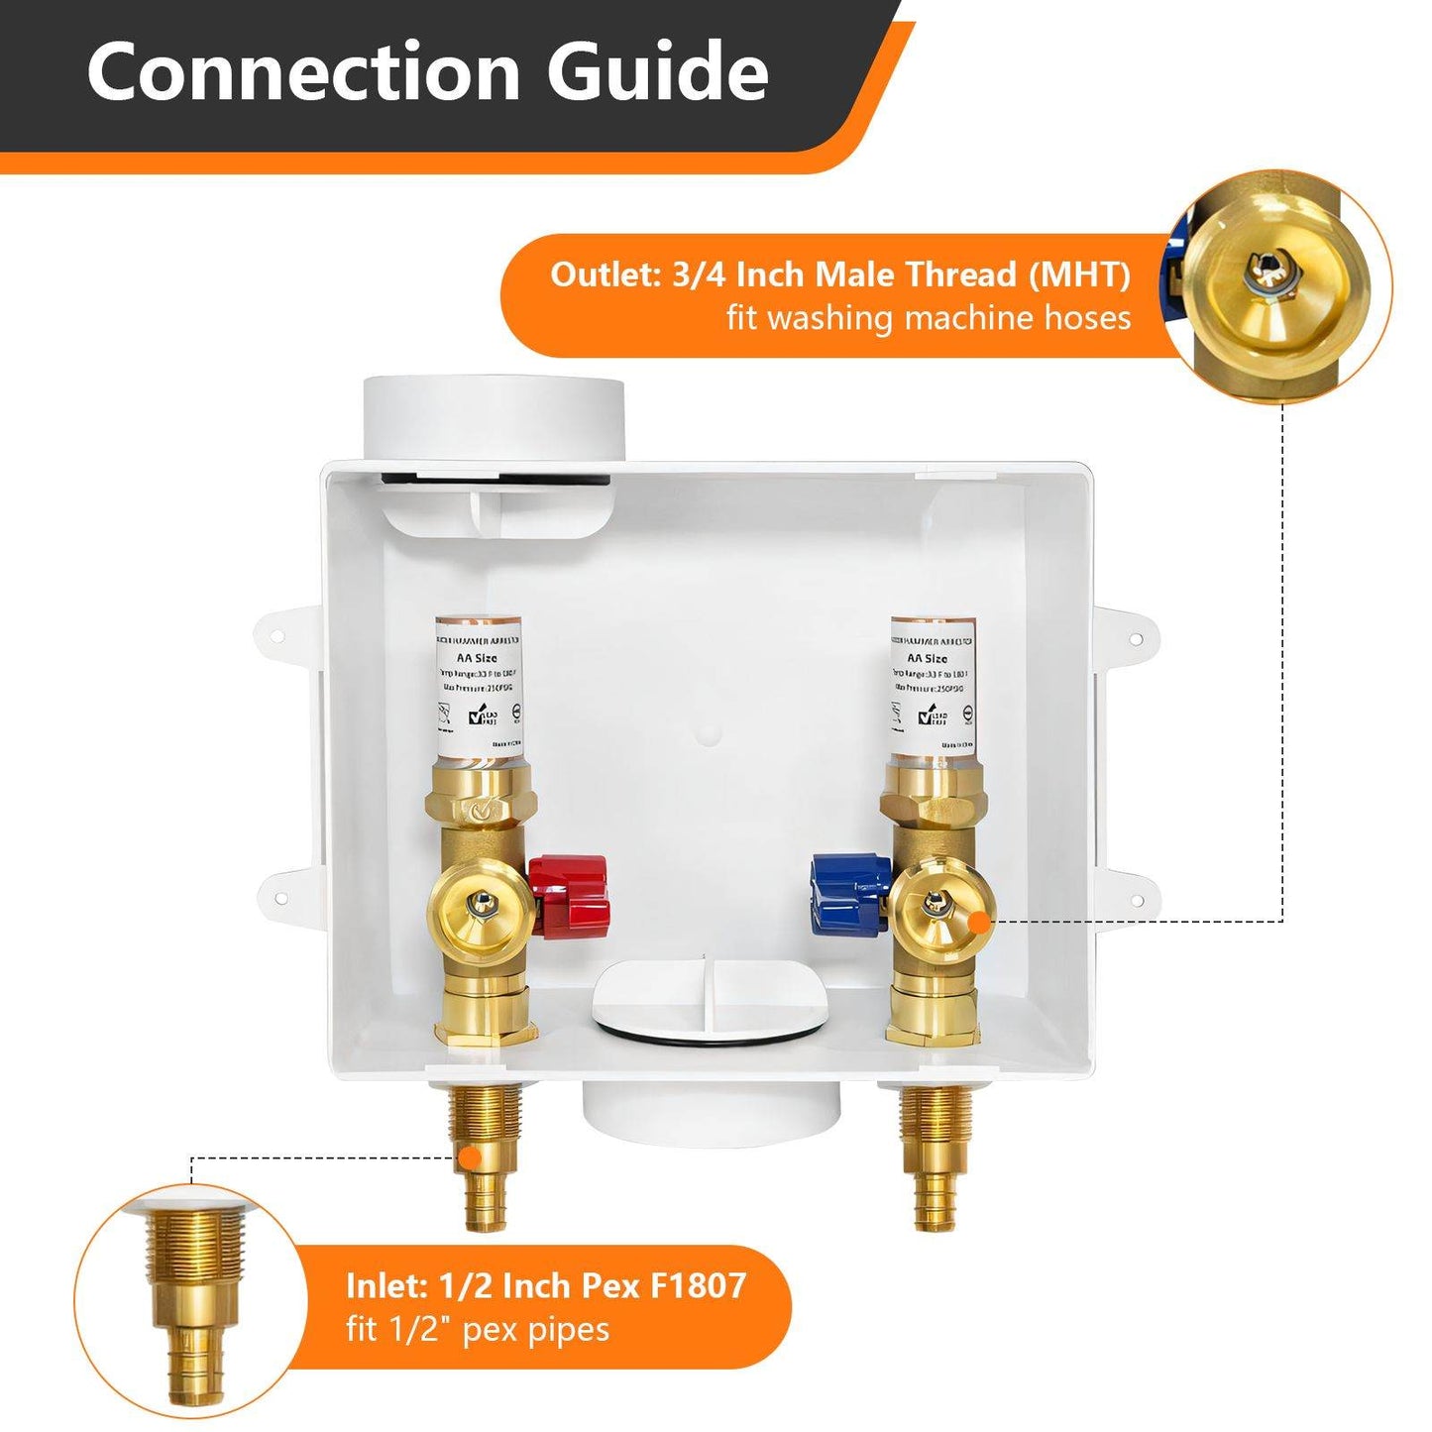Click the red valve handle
(x=569, y=892)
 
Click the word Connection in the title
(x=303, y=71)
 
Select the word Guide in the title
(x=657, y=71)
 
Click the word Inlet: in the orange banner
(x=386, y=1285)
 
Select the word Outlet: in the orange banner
(x=606, y=275)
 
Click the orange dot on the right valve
(x=978, y=922)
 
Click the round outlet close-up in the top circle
(x=1276, y=285)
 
